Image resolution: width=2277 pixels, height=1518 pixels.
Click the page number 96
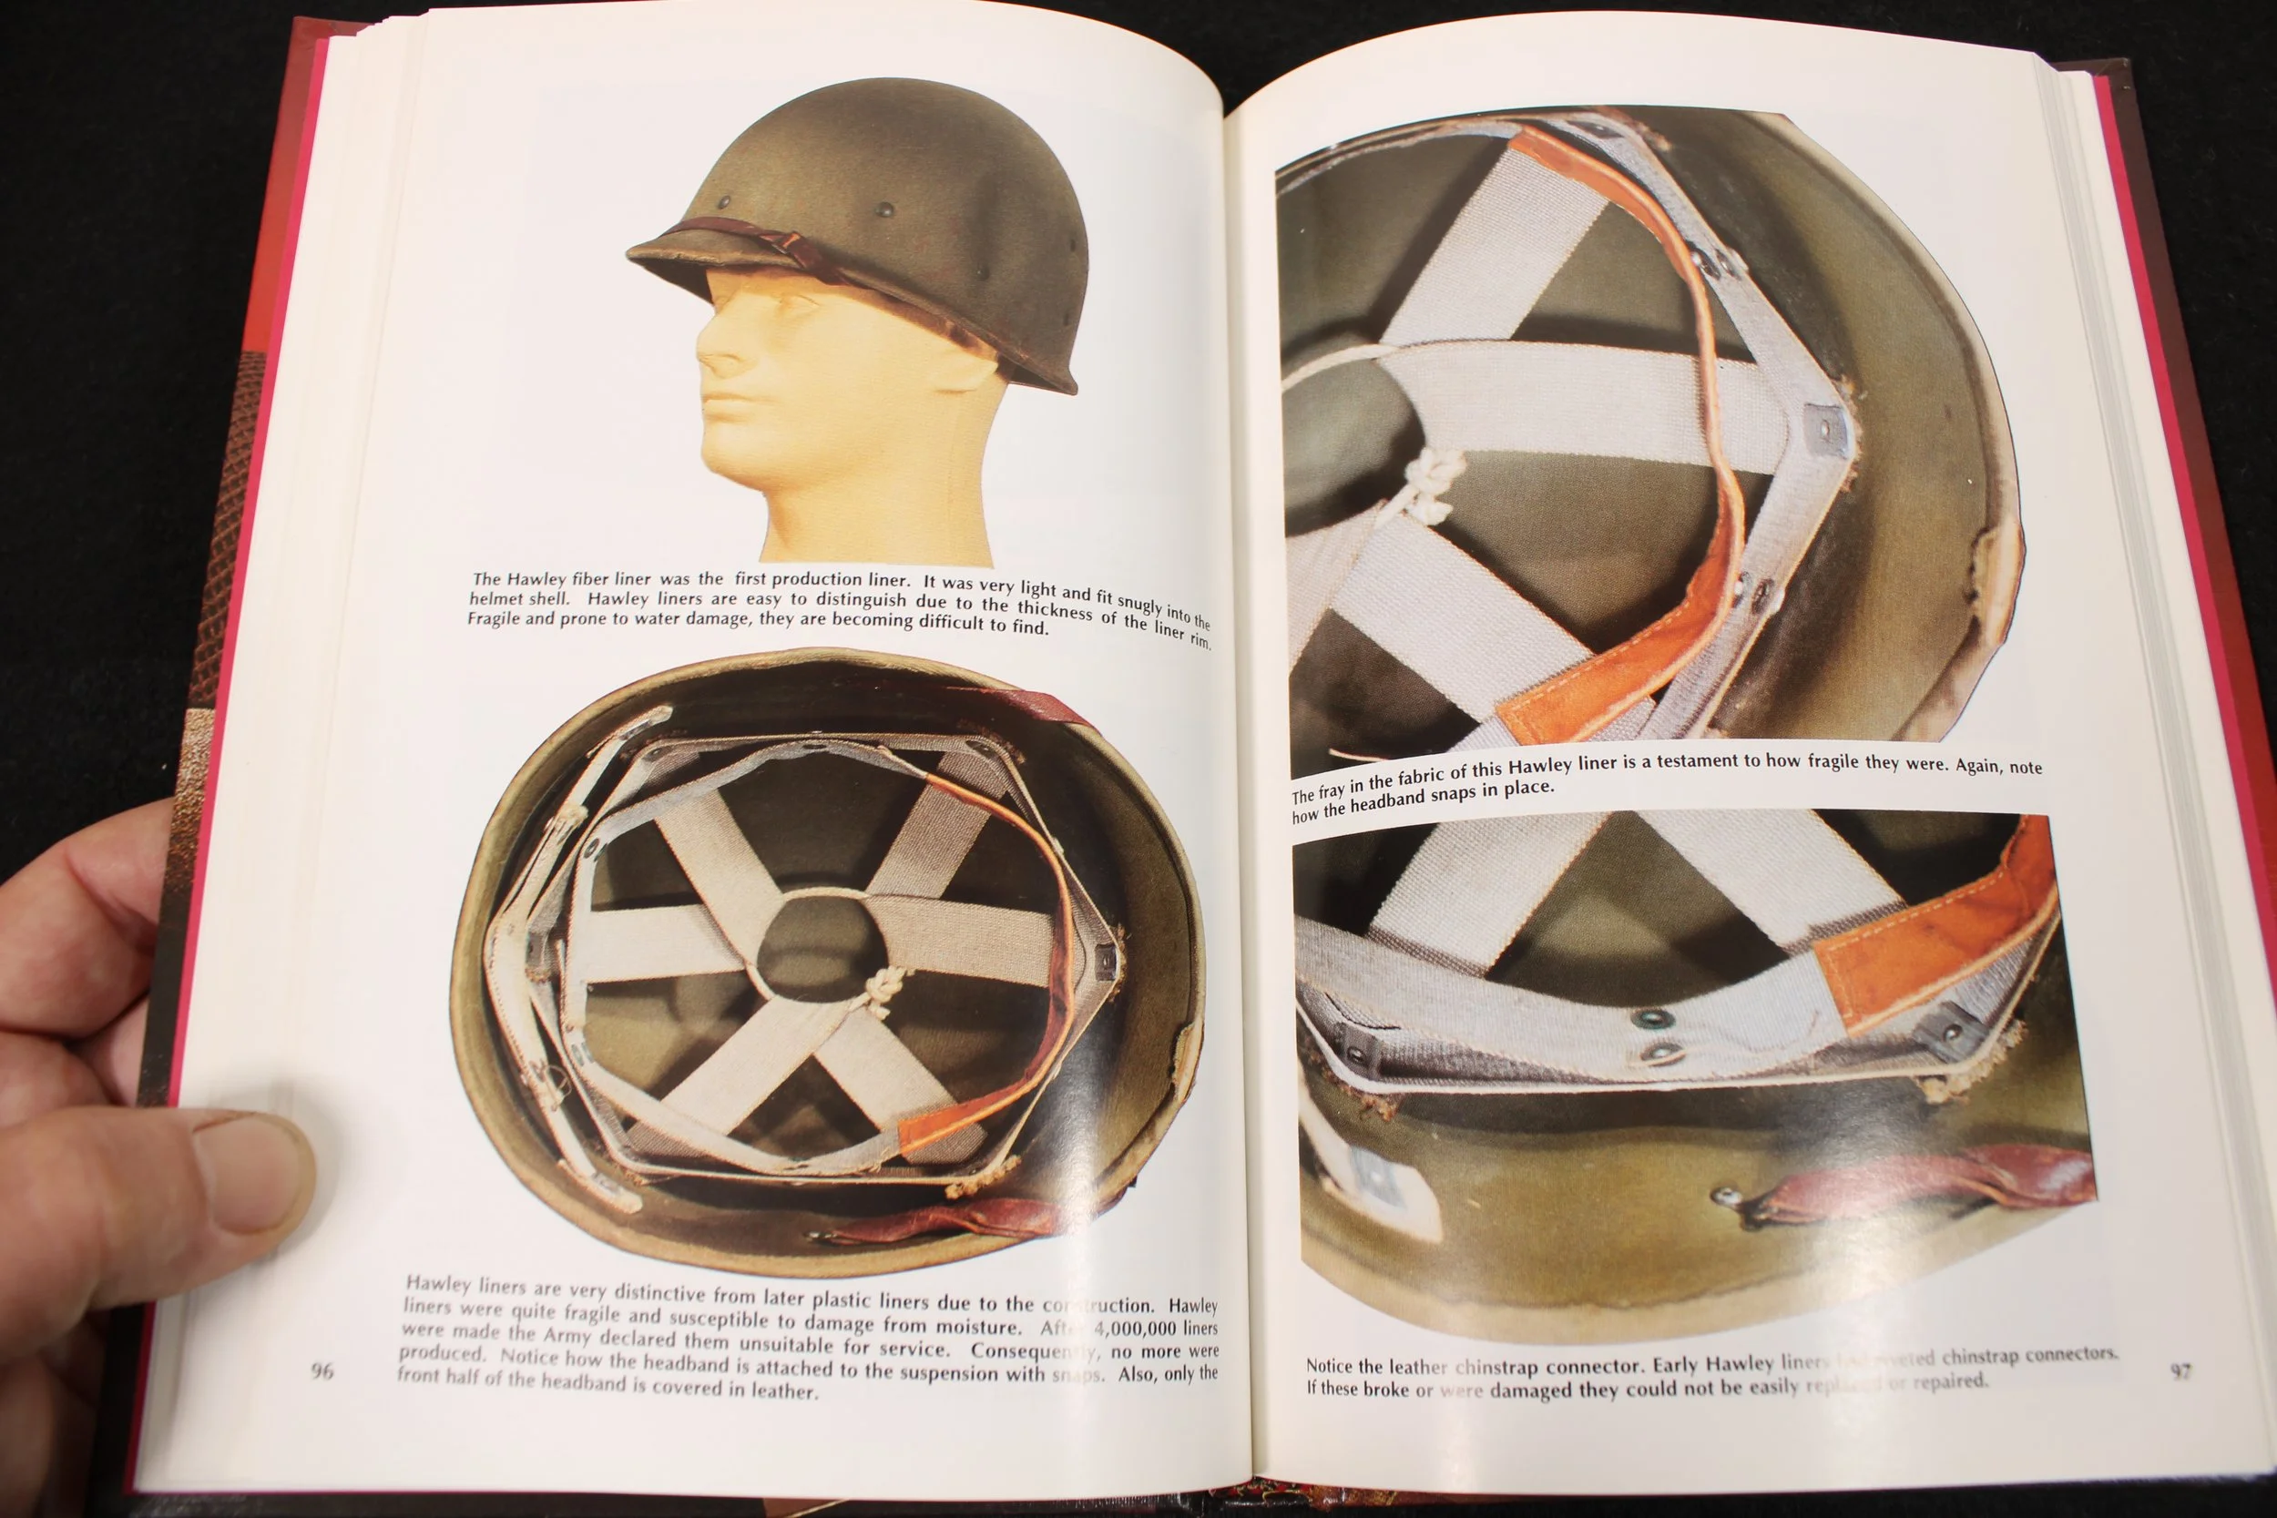coord(322,1370)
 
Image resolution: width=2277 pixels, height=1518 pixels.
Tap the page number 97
coord(2180,1370)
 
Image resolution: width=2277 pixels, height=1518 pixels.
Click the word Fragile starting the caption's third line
coord(495,617)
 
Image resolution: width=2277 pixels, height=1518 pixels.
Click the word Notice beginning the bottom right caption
coord(1328,1365)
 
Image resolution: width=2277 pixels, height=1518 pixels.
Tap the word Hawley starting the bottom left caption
coord(436,1284)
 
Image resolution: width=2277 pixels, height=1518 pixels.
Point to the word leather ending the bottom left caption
coord(785,1391)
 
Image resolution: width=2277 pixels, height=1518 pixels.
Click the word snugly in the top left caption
coord(1140,604)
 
